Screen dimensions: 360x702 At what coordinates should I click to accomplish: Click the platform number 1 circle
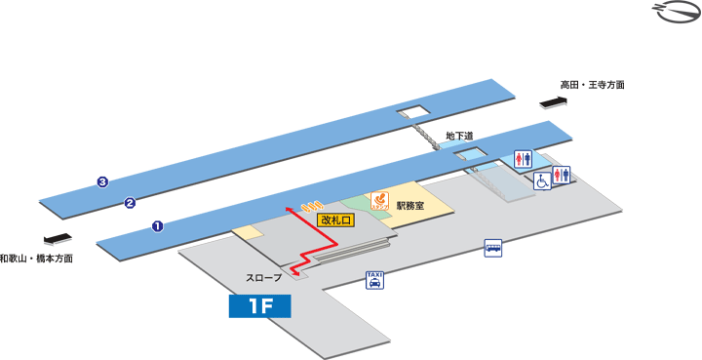[x=157, y=226]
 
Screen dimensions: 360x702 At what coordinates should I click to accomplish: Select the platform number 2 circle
[x=129, y=203]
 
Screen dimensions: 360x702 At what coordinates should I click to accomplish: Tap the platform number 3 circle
[x=101, y=180]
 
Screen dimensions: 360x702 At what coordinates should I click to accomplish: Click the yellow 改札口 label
[x=336, y=220]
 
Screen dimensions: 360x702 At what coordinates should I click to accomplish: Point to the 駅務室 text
[x=409, y=206]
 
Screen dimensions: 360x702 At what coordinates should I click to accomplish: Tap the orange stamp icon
[x=379, y=200]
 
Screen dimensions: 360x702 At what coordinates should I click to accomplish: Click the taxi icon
[x=374, y=280]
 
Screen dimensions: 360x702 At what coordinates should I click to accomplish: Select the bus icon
[x=493, y=249]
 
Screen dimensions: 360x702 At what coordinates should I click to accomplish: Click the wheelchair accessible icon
[x=542, y=181]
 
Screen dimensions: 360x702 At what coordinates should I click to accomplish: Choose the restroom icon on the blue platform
[x=524, y=160]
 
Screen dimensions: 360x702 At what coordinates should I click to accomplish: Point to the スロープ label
[x=263, y=278]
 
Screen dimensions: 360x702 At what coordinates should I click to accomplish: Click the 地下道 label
[x=459, y=136]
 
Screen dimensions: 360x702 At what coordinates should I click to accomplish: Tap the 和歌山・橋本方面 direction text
[x=37, y=259]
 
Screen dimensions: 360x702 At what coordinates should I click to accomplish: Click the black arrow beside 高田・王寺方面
[x=553, y=101]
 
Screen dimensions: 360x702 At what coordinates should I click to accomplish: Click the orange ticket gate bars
[x=311, y=207]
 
